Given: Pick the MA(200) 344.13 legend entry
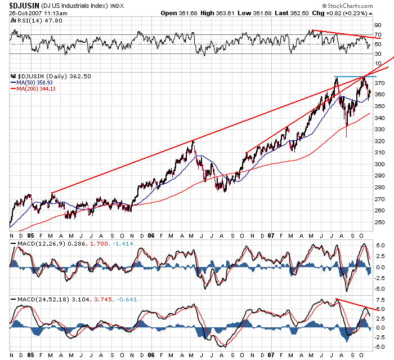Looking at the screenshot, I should tap(39, 88).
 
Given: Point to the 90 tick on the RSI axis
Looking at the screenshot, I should tap(378, 25).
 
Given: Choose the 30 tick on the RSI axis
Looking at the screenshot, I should tap(378, 54).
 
